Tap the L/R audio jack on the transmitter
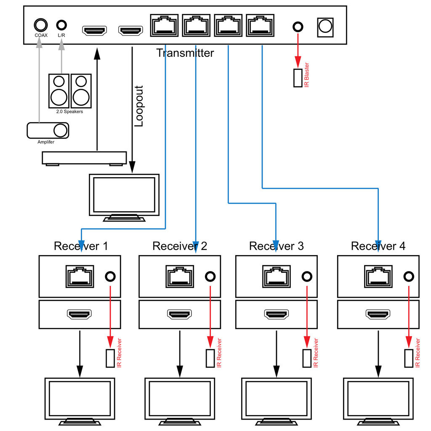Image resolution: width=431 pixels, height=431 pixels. point(62,25)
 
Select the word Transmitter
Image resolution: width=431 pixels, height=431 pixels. point(185,53)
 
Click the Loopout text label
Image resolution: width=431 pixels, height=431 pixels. point(139,106)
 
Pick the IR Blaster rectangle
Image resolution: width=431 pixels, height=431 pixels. point(298,78)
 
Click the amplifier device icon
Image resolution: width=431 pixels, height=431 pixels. point(48,130)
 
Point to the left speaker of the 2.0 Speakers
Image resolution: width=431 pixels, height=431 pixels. point(59,90)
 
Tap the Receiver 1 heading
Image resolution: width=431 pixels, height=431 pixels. point(81,246)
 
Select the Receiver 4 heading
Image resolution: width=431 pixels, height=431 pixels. point(378,246)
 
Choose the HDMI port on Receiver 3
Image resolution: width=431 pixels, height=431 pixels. point(276,314)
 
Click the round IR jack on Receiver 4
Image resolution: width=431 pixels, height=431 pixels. point(408,277)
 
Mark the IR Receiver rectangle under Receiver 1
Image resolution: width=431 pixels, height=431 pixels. point(110,358)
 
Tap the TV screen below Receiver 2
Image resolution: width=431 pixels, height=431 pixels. point(180,398)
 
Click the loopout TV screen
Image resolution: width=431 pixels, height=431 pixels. point(124,194)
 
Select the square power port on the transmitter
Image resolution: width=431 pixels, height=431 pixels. point(325,26)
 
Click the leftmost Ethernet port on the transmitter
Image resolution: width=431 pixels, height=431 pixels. point(165,26)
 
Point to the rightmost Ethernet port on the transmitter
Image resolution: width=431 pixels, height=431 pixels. point(261,26)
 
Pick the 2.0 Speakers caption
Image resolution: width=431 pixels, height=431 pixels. point(70,112)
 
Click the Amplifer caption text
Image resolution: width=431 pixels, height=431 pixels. point(46,142)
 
